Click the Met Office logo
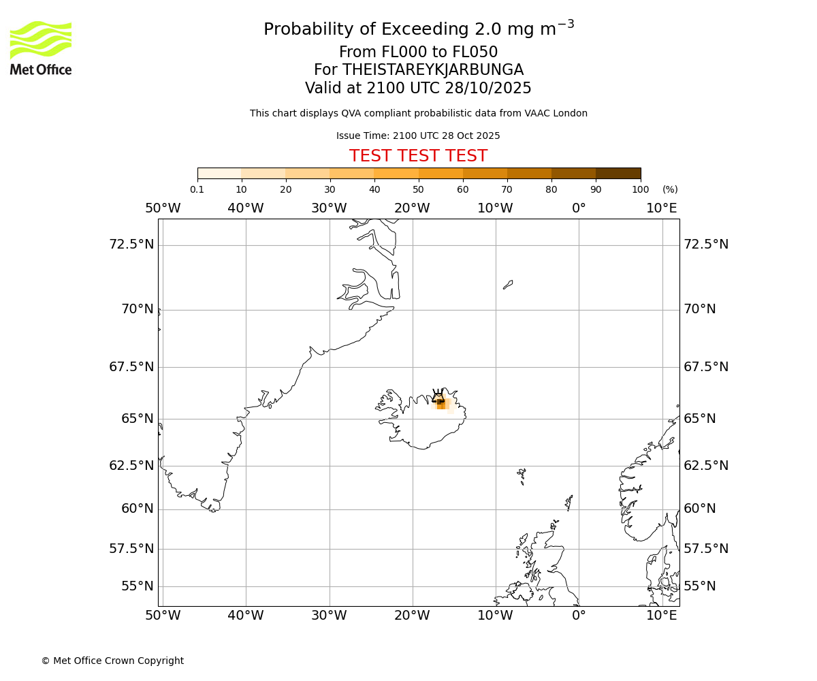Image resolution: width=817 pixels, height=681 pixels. click(x=41, y=48)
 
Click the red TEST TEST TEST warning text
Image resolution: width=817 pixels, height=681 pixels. click(x=418, y=156)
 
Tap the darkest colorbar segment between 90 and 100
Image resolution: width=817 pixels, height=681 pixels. click(x=618, y=174)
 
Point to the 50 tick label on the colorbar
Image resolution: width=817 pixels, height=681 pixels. click(x=418, y=189)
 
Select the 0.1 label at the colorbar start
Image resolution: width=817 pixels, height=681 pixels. click(x=197, y=189)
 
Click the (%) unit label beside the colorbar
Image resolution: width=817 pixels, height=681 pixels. click(x=670, y=189)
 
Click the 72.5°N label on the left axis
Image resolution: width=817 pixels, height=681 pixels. click(x=131, y=244)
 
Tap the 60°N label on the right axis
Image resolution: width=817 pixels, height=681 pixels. click(x=700, y=509)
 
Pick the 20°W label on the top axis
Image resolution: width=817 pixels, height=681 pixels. click(x=412, y=208)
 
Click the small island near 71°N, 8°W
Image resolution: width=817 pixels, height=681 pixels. click(x=508, y=285)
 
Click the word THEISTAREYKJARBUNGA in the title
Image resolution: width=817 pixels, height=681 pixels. click(x=432, y=70)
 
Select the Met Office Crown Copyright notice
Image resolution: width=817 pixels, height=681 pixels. click(x=112, y=661)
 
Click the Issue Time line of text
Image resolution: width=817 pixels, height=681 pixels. click(x=418, y=136)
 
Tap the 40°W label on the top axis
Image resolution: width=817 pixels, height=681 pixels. click(x=246, y=208)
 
